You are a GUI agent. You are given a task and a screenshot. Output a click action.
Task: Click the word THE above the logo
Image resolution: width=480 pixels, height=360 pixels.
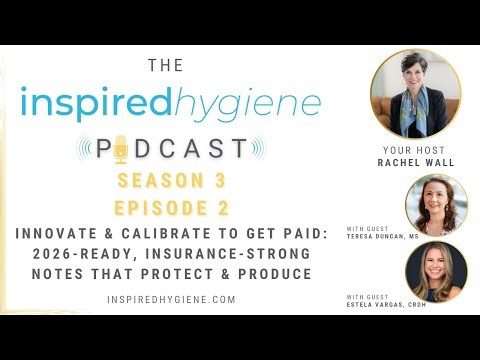click(x=165, y=66)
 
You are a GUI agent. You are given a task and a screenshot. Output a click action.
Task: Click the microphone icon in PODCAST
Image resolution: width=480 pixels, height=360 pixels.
click(x=121, y=148)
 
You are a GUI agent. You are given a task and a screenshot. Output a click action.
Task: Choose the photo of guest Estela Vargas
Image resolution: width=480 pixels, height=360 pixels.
click(x=436, y=271)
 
